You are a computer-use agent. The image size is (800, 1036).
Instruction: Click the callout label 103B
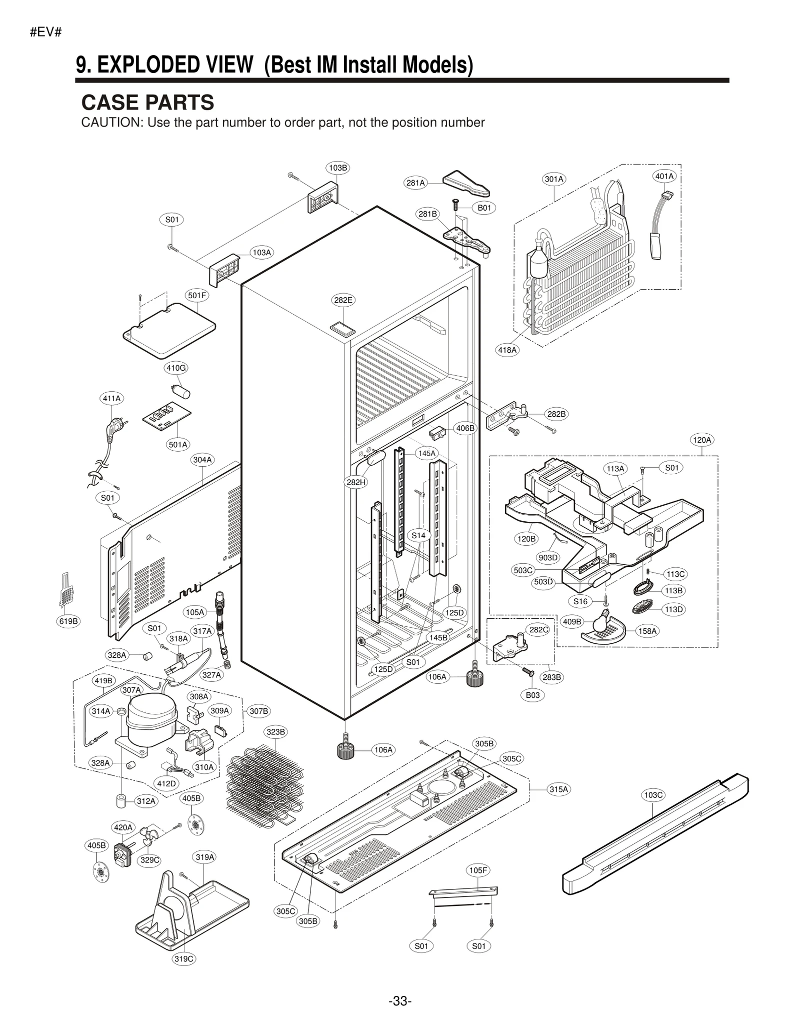[338, 168]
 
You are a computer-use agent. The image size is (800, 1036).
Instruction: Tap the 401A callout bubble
[664, 176]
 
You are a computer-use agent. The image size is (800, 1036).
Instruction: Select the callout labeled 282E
[343, 300]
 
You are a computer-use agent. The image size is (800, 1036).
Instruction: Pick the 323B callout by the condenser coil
[275, 732]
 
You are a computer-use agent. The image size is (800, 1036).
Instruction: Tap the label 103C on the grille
[653, 795]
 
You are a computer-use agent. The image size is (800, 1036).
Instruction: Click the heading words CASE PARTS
[147, 103]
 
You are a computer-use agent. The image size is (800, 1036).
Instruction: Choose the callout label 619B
[68, 621]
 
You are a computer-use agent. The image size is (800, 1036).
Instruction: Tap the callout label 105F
[478, 870]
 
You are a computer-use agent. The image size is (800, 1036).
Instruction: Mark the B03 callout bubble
[532, 695]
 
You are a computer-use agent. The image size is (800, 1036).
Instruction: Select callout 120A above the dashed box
[701, 440]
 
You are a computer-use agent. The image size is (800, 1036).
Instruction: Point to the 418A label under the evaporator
[507, 350]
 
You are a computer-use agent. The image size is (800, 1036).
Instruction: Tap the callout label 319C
[183, 958]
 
